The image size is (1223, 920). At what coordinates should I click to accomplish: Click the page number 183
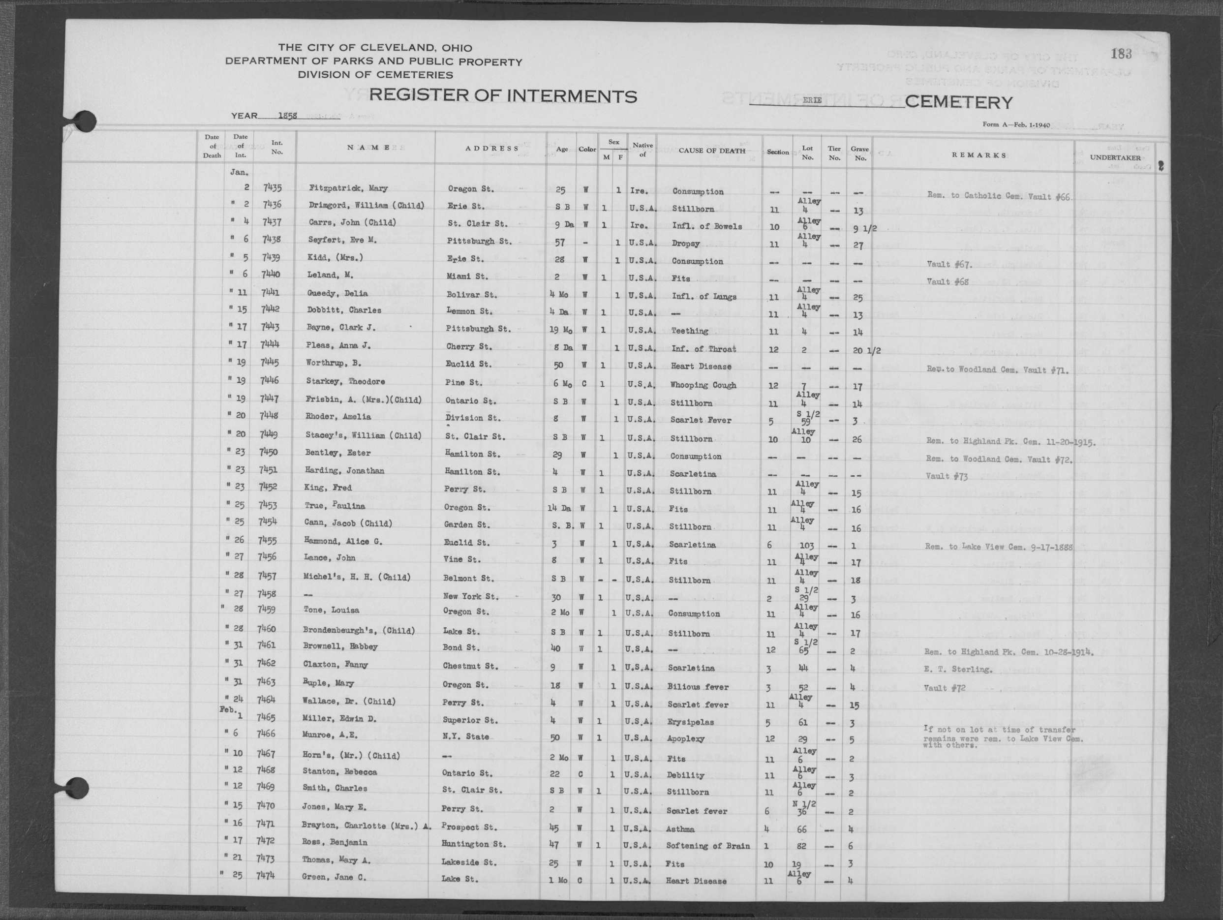point(1121,54)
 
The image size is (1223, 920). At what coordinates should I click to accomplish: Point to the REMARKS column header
point(978,155)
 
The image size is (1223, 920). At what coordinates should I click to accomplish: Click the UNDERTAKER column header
point(1115,157)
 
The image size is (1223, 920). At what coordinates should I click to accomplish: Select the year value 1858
point(287,116)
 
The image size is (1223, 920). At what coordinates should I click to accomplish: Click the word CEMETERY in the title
point(959,102)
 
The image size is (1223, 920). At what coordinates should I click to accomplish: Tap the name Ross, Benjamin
point(335,843)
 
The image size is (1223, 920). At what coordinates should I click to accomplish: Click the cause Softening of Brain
point(708,846)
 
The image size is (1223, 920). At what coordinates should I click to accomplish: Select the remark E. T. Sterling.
point(958,670)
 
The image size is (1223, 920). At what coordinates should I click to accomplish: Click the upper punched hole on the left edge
point(84,122)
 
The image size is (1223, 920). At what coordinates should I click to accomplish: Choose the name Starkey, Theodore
point(345,381)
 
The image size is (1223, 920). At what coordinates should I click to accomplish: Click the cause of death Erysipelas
point(691,722)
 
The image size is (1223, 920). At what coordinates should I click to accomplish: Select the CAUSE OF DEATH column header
point(711,151)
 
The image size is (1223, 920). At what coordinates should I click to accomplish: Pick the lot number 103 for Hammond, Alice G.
point(807,546)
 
